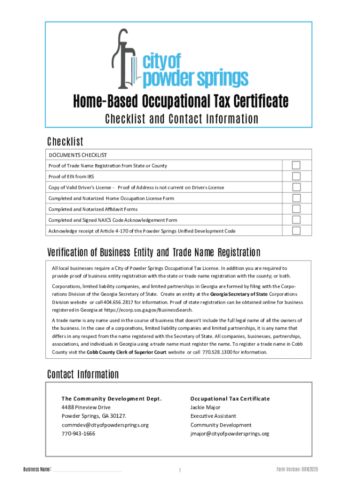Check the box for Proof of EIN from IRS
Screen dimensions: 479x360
[x=296, y=176]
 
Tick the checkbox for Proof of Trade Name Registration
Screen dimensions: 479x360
[x=296, y=165]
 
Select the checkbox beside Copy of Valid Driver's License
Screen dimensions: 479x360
[x=296, y=187]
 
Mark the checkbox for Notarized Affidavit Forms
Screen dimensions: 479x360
[x=296, y=209]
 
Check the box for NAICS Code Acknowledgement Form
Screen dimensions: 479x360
[x=296, y=220]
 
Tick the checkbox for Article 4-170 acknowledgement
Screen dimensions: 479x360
[x=296, y=231]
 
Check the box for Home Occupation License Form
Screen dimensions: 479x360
[x=296, y=198]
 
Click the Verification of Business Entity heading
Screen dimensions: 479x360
[x=153, y=253]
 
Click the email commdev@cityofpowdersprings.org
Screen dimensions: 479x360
[x=105, y=425]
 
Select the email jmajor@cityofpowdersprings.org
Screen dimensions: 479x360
[x=230, y=434]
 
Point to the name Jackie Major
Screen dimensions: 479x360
[x=205, y=407]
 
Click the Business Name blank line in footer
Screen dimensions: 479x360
[x=87, y=470]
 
